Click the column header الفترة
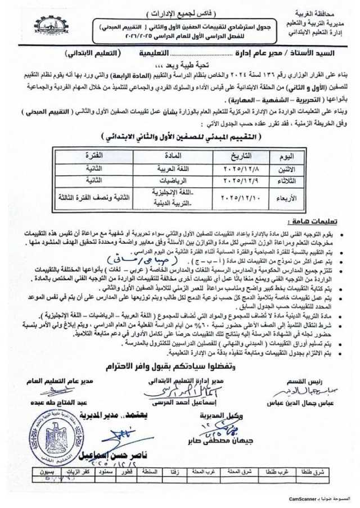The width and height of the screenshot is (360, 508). tap(89, 155)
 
